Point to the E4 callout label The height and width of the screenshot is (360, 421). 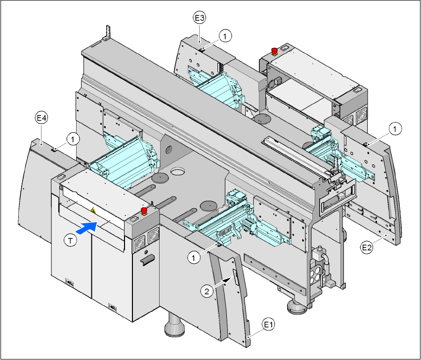click(x=42, y=118)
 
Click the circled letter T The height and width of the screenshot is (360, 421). click(x=71, y=240)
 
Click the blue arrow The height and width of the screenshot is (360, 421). click(x=87, y=227)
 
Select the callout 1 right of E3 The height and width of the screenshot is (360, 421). click(x=225, y=36)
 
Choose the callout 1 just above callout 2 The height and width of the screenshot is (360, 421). click(x=195, y=257)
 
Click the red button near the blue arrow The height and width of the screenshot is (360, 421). click(x=145, y=211)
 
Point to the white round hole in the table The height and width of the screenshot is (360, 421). click(x=177, y=173)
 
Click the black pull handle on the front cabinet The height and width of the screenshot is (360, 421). click(x=147, y=260)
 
